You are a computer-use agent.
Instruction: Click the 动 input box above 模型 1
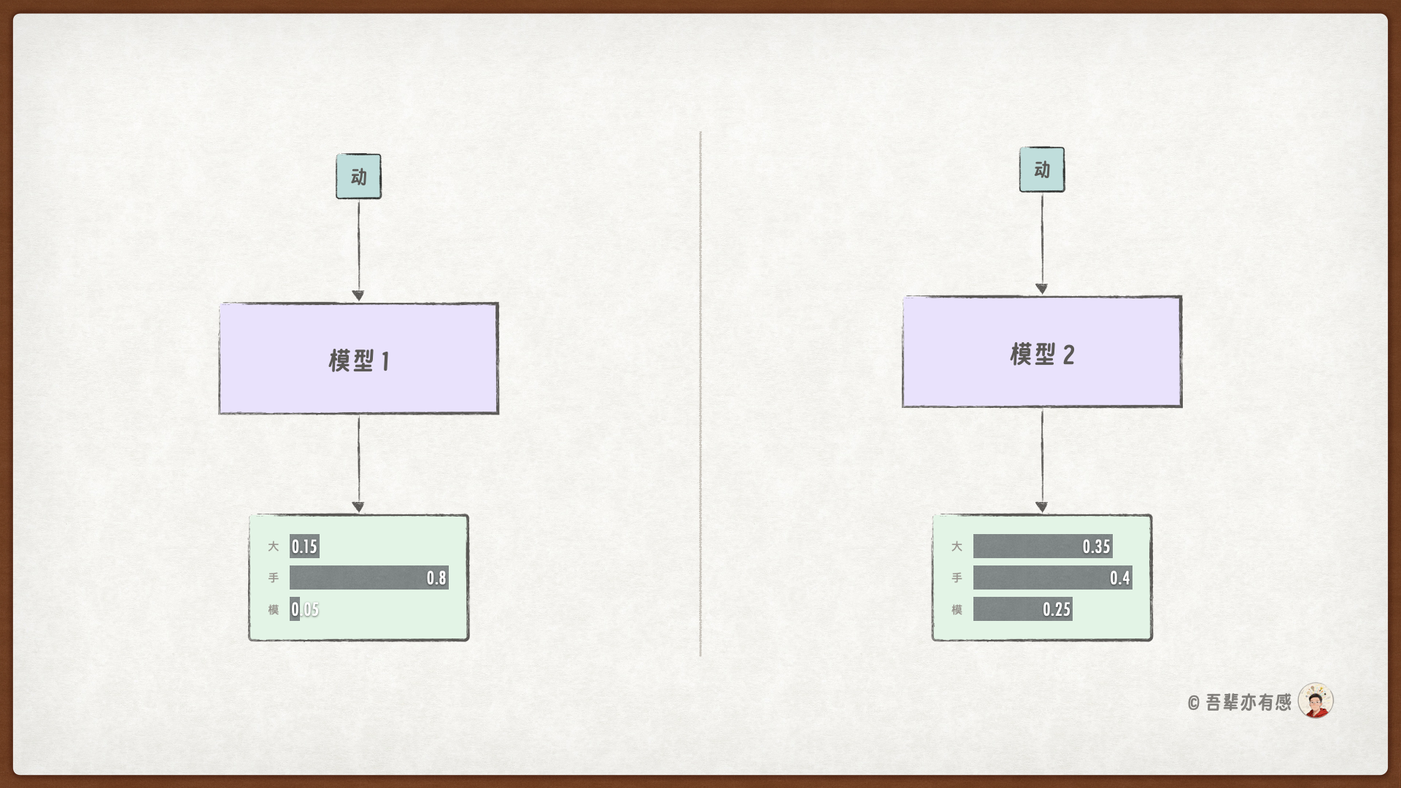tap(358, 177)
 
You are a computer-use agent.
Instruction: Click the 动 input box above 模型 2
tap(1041, 170)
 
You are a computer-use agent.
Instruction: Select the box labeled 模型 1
tap(358, 359)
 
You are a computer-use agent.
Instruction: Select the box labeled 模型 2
tap(1041, 352)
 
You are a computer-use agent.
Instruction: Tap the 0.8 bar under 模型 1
tap(368, 578)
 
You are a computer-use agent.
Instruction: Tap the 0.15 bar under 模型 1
tap(304, 546)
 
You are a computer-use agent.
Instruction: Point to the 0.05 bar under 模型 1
tap(295, 609)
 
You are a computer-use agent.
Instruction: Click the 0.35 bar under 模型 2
tap(1042, 546)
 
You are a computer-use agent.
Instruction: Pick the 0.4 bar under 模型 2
tap(1052, 578)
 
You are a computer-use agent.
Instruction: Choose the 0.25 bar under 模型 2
tap(1022, 609)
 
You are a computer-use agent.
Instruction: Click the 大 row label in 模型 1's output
tap(273, 546)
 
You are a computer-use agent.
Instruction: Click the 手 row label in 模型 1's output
tap(273, 578)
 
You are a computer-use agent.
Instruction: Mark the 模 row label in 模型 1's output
tap(273, 609)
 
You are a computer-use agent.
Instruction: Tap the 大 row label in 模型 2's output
tap(957, 546)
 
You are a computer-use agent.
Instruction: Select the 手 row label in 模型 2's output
tap(957, 578)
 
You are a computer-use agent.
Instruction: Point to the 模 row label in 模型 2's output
tap(957, 609)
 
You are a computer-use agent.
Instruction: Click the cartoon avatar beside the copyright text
tap(1316, 701)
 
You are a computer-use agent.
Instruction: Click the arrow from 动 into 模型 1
tap(358, 248)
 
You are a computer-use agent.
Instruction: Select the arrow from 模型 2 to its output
tap(1041, 460)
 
